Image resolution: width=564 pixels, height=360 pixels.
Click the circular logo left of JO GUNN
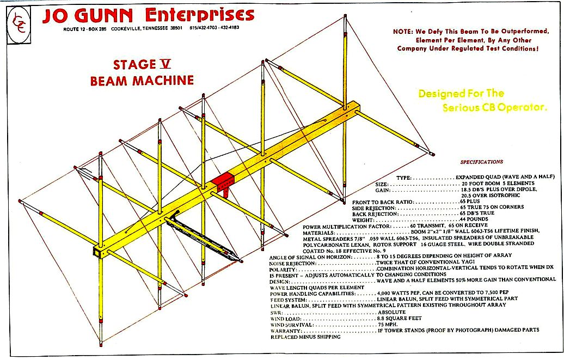[21, 22]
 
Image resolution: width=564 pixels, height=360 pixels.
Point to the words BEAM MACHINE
[142, 81]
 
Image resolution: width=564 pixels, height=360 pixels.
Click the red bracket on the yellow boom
[222, 182]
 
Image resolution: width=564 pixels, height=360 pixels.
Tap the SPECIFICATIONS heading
[482, 162]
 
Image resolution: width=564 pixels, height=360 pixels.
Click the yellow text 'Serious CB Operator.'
[494, 107]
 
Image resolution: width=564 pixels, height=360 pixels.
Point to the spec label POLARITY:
[284, 269]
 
